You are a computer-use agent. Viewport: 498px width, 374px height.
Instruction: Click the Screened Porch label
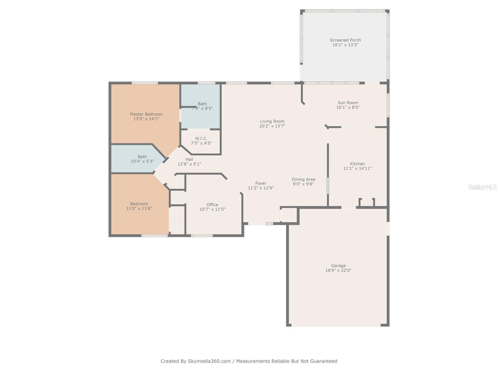345,40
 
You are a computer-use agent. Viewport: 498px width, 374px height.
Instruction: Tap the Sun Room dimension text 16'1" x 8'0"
348,107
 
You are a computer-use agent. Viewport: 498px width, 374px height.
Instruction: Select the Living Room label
272,121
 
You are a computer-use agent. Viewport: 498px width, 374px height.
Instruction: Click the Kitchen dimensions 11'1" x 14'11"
357,168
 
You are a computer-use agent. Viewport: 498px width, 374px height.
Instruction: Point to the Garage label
338,266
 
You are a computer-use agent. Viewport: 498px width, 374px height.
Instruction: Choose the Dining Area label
303,179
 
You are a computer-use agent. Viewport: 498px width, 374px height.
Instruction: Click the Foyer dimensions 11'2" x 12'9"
261,188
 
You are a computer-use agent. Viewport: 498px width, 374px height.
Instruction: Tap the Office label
212,204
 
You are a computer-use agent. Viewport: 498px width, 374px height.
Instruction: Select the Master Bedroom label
146,114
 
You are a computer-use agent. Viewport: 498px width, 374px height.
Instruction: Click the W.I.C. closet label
201,138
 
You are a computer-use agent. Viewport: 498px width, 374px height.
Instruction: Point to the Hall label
189,159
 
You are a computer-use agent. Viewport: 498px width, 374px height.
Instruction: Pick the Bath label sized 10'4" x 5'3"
142,157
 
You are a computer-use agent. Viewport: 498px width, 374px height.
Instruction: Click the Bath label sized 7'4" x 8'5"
202,104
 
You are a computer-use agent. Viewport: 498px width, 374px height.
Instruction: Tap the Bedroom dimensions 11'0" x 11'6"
139,209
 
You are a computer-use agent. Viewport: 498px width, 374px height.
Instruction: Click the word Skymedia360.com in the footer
209,361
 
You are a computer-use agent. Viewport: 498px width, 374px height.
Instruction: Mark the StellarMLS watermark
482,187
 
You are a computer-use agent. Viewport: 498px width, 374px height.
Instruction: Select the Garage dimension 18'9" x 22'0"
338,271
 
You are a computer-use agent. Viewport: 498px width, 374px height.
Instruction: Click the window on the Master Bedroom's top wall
145,83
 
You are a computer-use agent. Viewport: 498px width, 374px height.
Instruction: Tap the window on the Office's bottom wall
202,236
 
